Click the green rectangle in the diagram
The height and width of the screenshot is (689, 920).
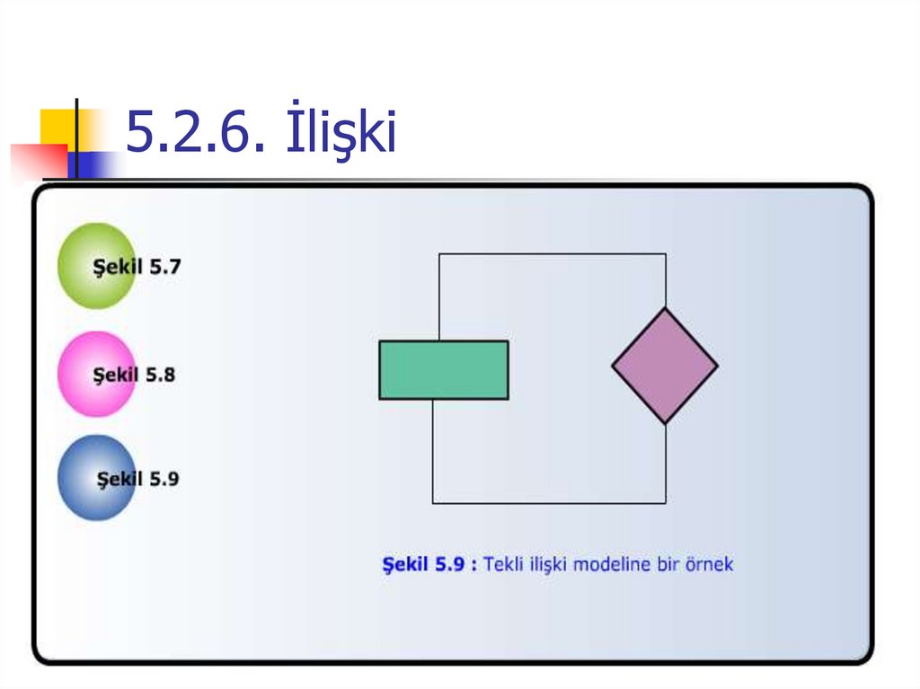click(x=444, y=369)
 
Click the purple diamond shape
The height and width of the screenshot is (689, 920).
click(x=665, y=366)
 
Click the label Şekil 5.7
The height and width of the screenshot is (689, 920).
click(x=137, y=267)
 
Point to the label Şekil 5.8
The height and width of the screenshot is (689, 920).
click(x=135, y=375)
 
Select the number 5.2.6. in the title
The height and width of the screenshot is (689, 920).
click(x=194, y=134)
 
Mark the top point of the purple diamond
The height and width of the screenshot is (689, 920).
click(x=665, y=309)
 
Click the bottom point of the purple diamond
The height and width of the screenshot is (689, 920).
click(x=665, y=422)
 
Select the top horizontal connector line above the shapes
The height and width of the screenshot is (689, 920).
click(x=553, y=254)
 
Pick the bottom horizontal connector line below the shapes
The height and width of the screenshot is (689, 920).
click(x=549, y=503)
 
